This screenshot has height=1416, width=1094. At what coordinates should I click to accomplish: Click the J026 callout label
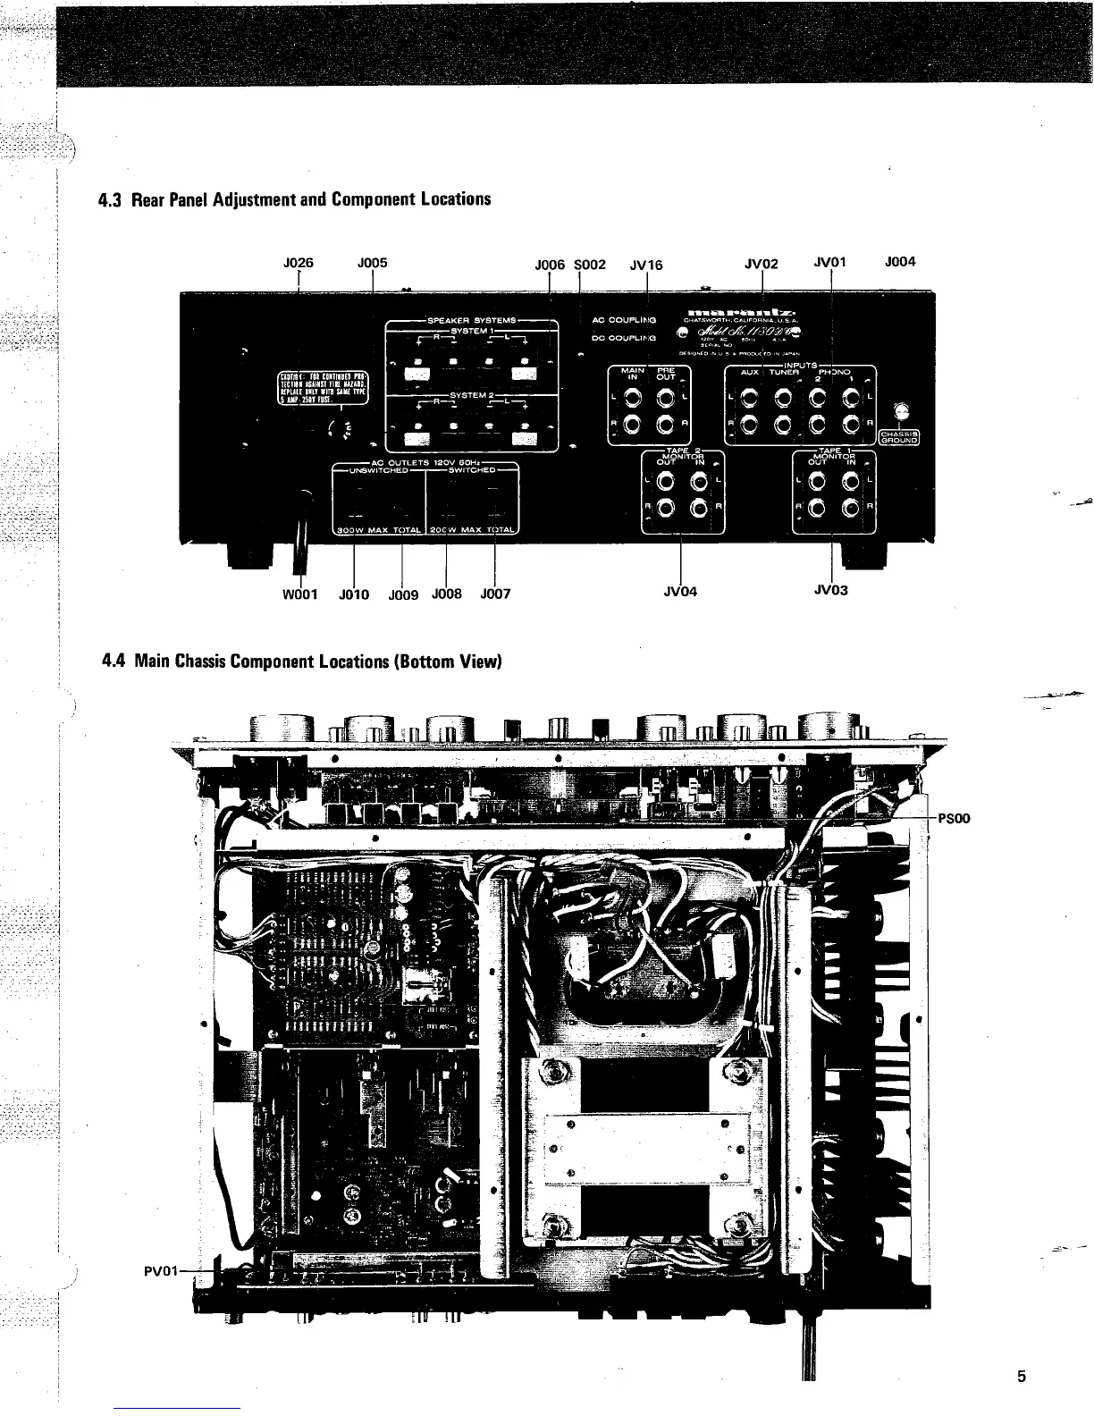tap(297, 263)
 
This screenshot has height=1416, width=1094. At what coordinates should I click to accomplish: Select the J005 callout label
tap(372, 263)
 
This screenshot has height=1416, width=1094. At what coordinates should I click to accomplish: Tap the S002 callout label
tap(590, 265)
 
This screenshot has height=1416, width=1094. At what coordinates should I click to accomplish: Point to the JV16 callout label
tap(646, 265)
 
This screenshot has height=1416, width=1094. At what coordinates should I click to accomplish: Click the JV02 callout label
tap(762, 264)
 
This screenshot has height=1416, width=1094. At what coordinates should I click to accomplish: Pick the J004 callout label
tap(900, 262)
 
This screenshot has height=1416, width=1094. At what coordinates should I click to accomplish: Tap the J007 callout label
tap(495, 593)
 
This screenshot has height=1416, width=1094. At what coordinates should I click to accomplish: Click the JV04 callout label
tap(681, 592)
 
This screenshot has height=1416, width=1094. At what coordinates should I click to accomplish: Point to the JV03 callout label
tap(831, 590)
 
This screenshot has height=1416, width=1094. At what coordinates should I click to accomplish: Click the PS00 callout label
tap(954, 818)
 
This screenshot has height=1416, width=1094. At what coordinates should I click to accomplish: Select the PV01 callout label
tap(162, 1269)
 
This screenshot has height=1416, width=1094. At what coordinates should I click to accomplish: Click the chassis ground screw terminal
tap(902, 410)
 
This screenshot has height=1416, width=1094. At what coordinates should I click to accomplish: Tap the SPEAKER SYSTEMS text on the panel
tap(471, 320)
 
